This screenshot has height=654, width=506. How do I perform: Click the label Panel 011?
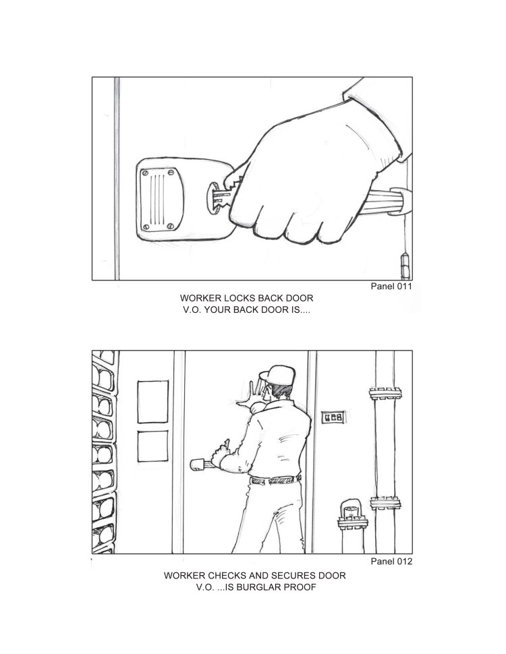[391, 286]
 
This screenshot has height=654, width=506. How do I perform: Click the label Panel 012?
[391, 561]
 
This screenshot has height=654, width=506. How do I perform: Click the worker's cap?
[278, 375]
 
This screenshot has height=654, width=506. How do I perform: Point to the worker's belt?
[275, 479]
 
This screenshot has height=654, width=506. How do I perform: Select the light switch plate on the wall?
[333, 417]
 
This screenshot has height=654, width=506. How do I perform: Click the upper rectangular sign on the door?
[152, 402]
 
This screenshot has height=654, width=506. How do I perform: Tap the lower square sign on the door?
[152, 446]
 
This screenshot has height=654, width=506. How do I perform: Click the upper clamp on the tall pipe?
[385, 393]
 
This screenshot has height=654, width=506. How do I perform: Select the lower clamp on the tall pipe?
[385, 503]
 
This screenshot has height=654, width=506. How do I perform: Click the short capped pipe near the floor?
[352, 525]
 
